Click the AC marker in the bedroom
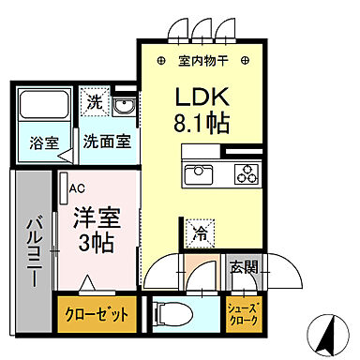[x=77, y=187]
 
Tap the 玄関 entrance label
[x=242, y=262]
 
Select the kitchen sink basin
[x=200, y=173]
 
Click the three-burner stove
[x=247, y=173]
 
